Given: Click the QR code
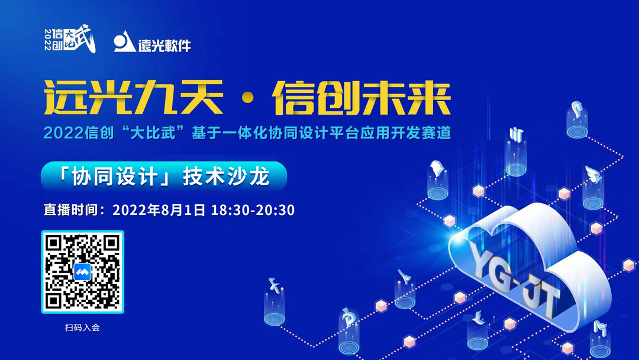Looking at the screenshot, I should coord(82,272).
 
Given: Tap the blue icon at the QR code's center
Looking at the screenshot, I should coord(82,272).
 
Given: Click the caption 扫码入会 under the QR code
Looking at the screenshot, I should coord(82,327).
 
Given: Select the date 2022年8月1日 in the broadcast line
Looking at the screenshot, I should coord(159,210).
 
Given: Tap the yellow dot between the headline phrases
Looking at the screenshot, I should coord(247,102).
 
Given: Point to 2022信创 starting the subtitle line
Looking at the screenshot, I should coord(73,133).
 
